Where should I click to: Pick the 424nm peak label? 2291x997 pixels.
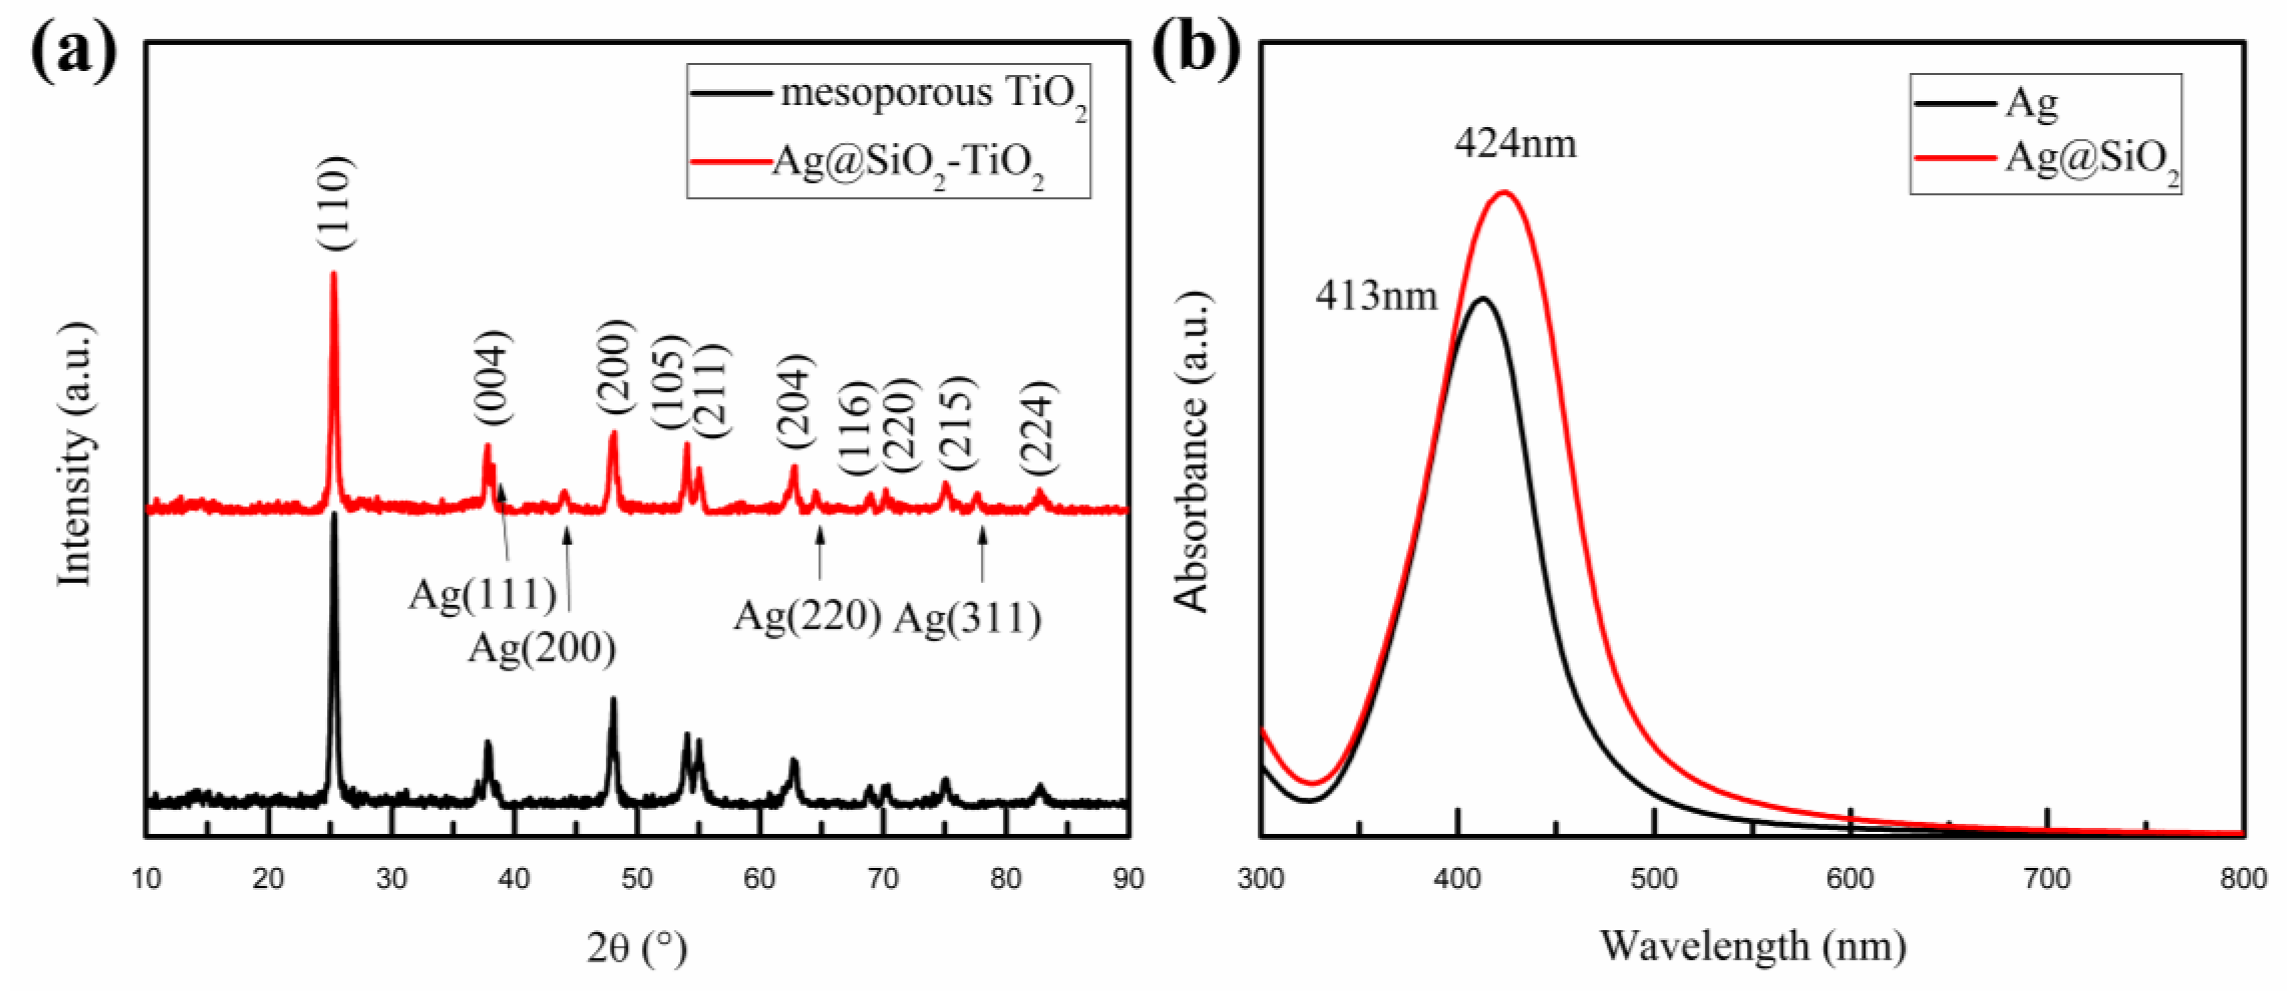pos(1516,143)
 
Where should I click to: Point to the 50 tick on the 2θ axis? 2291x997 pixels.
pos(637,879)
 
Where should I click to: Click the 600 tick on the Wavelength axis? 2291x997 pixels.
pos(1850,879)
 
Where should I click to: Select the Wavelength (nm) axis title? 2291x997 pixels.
pos(1752,946)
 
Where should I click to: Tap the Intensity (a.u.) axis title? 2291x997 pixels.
pos(76,453)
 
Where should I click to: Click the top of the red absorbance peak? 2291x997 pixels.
pos(1505,192)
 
